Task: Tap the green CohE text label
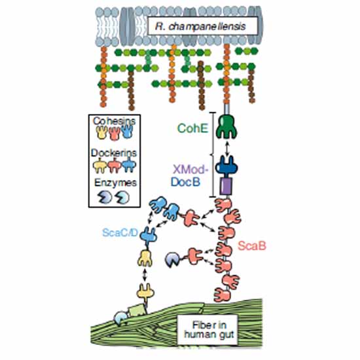point(193,128)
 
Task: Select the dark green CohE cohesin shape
point(226,126)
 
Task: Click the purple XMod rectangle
point(226,187)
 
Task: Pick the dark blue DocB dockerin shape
point(226,166)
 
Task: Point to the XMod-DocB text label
point(189,176)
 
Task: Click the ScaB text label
point(252,246)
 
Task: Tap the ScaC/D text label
point(120,233)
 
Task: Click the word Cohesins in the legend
point(114,121)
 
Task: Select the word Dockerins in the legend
point(114,153)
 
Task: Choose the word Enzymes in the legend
point(115,183)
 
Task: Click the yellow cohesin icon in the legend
point(101,132)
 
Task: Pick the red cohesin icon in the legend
point(115,134)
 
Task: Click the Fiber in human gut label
point(209,330)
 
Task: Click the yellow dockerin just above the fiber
point(145,293)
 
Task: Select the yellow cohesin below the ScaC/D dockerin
point(145,258)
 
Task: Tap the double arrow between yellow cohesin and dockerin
point(145,276)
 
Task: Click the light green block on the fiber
point(137,311)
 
